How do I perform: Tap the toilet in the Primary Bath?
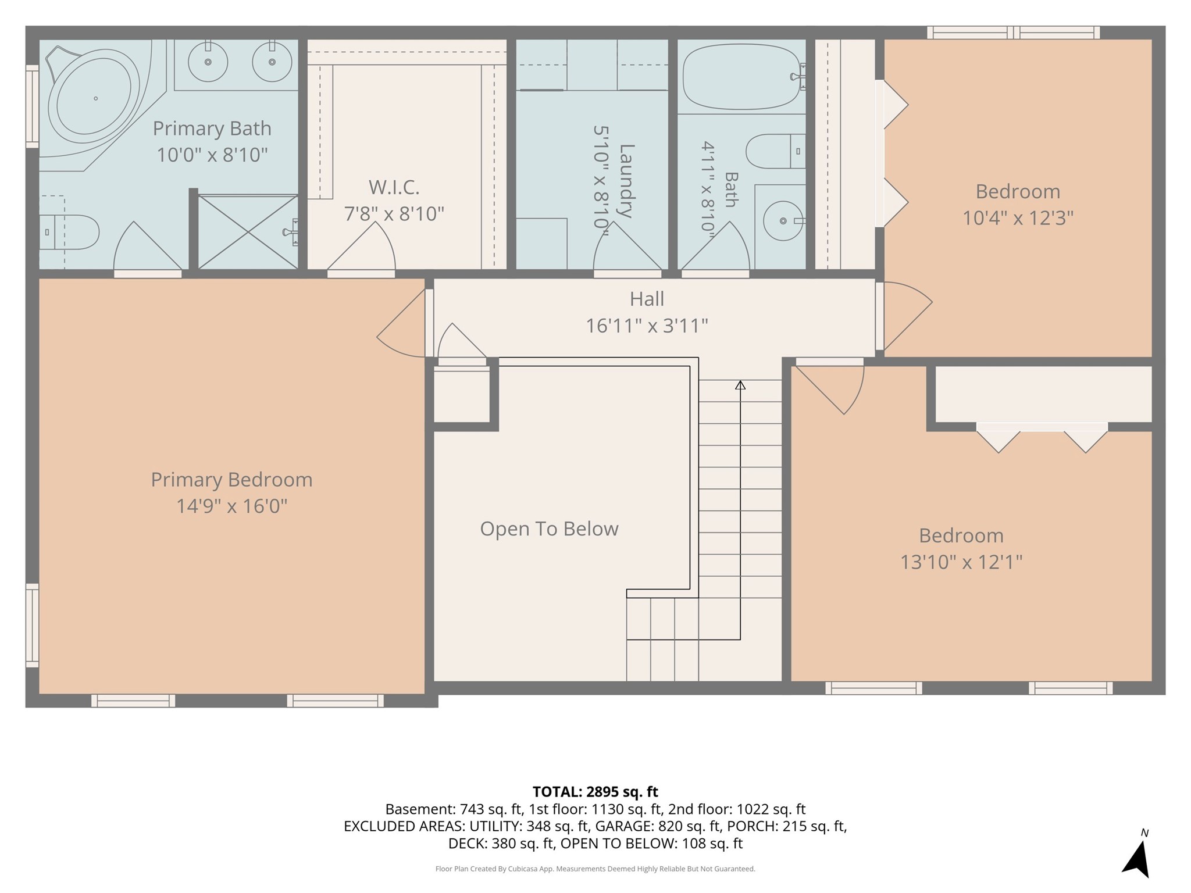coord(70,233)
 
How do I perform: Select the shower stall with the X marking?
coord(248,232)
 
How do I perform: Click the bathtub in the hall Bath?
coord(742,77)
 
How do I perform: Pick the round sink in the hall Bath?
coord(783,221)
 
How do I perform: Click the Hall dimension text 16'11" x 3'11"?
coord(647,326)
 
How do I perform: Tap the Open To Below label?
coord(549,528)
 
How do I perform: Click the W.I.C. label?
coord(394,187)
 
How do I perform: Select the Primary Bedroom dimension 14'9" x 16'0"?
coord(232,506)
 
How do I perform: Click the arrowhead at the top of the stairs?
coord(740,385)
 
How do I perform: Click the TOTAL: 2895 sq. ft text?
coord(595,792)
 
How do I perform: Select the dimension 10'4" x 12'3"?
coord(1018,218)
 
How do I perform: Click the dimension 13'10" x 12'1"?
coord(961,562)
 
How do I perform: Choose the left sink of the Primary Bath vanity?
coord(208,61)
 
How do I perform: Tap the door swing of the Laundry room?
coord(627,247)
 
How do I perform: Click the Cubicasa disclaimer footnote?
coord(595,869)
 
